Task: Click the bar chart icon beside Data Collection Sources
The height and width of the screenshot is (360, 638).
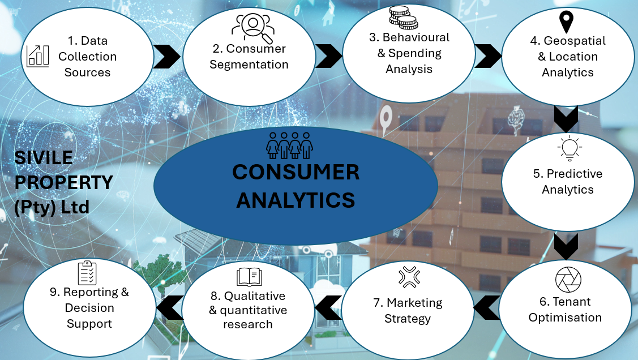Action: [x=38, y=56]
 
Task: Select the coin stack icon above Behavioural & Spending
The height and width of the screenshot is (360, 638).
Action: [x=403, y=18]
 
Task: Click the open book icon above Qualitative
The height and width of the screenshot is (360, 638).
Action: [x=250, y=277]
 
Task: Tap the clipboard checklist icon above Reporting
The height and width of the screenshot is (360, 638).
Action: [x=87, y=273]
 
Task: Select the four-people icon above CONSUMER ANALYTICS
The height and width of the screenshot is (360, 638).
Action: [x=289, y=145]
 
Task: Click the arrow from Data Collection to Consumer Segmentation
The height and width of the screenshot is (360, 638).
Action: [x=166, y=56]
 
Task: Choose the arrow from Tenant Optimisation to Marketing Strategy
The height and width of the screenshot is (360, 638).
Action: [x=486, y=307]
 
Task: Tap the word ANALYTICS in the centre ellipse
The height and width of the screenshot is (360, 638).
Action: [x=296, y=199]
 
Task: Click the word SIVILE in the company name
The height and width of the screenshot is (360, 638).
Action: [x=44, y=158]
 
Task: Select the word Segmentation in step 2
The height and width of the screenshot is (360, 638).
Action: [x=249, y=65]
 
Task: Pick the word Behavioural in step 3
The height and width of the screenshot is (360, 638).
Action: [x=416, y=37]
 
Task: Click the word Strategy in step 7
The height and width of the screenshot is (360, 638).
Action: [x=408, y=319]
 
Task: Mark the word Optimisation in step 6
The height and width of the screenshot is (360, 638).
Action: [x=565, y=318]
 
